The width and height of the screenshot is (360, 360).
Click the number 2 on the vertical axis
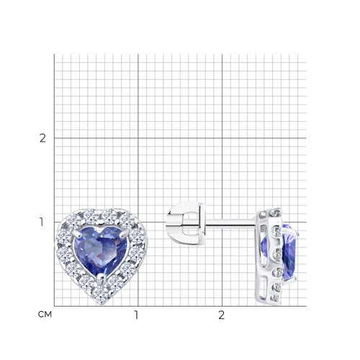pos(42,138)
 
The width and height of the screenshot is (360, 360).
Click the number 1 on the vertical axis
pos(42,222)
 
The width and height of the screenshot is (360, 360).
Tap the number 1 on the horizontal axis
pos(136,315)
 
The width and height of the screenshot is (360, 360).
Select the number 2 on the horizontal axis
pos(221,315)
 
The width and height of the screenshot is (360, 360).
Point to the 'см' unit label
pos(45,315)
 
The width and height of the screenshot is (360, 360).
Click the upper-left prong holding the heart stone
pos(76,232)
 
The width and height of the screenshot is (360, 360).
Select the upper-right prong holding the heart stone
pos(126,232)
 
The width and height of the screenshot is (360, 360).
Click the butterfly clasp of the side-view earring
pos(186,223)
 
